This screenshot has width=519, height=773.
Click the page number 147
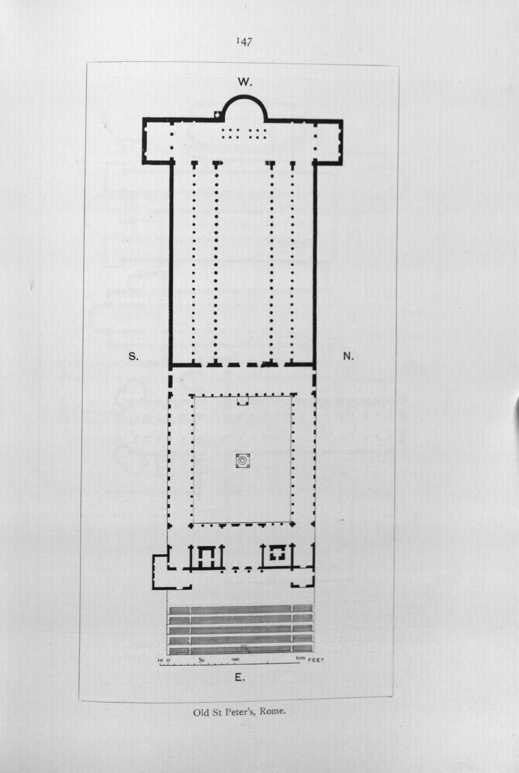[244, 42]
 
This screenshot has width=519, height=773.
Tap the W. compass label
[245, 82]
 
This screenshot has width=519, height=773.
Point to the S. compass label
[133, 356]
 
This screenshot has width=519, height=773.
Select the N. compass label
[348, 356]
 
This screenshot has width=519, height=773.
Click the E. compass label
[239, 678]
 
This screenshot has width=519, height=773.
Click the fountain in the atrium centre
[242, 461]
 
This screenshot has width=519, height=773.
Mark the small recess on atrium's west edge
[242, 401]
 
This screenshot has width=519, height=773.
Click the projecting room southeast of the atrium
[160, 572]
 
